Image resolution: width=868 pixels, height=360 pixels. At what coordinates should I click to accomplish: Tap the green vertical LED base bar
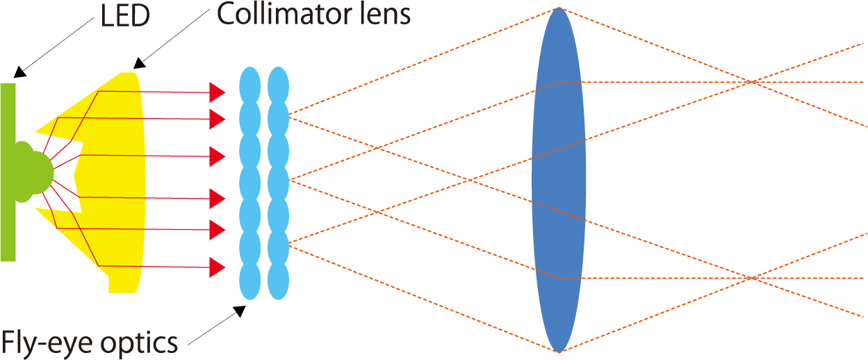pos(8,208)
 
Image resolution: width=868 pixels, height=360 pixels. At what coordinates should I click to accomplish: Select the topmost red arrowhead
pos(217,91)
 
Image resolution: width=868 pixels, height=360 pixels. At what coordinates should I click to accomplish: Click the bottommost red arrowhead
pos(217,267)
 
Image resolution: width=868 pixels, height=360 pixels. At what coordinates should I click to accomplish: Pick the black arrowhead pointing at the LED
pos(20,71)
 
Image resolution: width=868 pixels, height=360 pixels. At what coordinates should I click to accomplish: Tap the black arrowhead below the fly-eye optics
pos(240,310)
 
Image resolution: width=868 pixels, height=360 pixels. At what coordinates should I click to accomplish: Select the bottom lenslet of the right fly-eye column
pos(278,281)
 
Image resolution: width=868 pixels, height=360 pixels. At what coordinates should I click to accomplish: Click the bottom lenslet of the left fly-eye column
pos(249,281)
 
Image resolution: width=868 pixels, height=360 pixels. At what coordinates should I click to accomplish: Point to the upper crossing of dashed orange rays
pos(752,82)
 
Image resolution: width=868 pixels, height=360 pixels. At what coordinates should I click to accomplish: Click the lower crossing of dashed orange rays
pos(752,279)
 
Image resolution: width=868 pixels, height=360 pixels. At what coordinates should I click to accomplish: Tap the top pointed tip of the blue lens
pos(558,9)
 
